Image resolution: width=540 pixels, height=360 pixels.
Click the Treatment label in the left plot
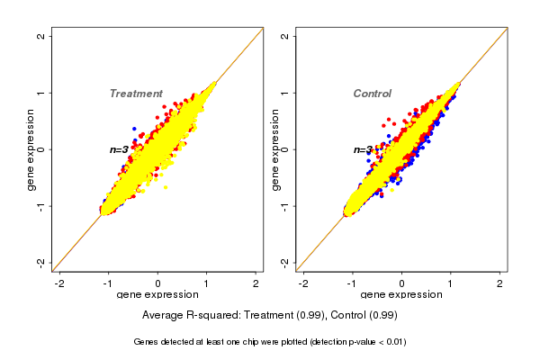click(x=136, y=94)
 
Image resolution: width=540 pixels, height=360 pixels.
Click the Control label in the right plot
click(x=373, y=94)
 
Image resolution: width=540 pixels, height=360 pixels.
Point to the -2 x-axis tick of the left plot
click(x=59, y=283)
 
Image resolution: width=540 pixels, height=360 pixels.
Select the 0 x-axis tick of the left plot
click(x=157, y=283)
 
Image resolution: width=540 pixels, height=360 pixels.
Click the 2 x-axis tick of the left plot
click(x=256, y=283)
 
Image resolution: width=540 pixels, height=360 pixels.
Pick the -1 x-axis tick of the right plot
click(x=353, y=283)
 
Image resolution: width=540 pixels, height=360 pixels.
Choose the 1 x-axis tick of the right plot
click(x=451, y=283)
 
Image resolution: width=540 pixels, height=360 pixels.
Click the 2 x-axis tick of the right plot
click(x=500, y=283)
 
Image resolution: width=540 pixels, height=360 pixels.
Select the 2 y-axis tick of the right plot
click(x=285, y=36)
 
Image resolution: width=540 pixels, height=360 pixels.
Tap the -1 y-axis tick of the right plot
click(x=285, y=205)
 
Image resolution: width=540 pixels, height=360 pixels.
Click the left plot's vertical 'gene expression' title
click(x=31, y=149)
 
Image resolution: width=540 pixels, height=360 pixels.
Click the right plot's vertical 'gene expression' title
click(x=275, y=149)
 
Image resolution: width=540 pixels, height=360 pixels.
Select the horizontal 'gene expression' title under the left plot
click(x=157, y=295)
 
